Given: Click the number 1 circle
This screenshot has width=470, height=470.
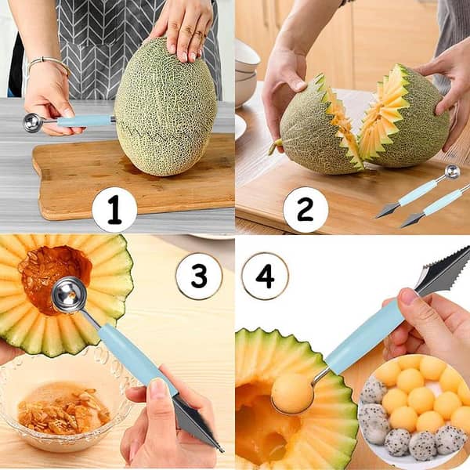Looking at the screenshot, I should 114,210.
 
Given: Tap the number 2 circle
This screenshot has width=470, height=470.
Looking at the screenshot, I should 305,210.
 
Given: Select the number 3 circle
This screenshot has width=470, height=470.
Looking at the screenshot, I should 199,276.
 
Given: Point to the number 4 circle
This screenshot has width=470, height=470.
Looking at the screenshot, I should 265,276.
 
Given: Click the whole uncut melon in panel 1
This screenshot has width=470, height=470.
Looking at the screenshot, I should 165,110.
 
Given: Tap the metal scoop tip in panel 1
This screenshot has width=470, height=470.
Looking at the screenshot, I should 32,122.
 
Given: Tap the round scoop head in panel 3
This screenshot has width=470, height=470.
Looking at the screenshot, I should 69,296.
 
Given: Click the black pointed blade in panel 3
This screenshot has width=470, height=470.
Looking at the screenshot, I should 196,423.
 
